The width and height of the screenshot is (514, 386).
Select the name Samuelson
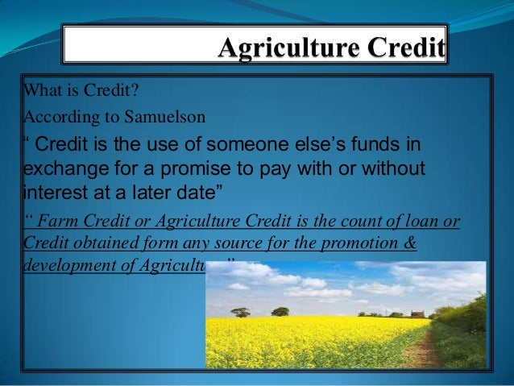point(168,115)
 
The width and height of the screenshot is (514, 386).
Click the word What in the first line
point(37,89)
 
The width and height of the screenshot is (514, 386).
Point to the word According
point(52,115)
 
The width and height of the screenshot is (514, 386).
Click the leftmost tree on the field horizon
point(240,312)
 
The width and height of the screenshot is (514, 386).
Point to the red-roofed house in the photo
point(417,314)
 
